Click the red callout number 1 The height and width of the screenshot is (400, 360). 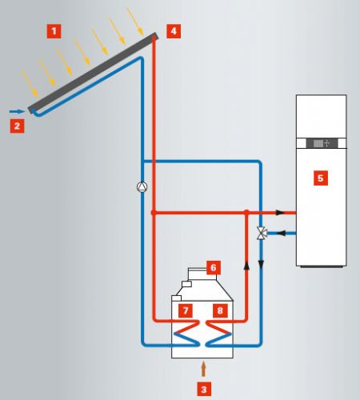tap(54, 31)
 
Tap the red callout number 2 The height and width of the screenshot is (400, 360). tap(17, 126)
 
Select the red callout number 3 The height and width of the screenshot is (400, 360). tap(204, 390)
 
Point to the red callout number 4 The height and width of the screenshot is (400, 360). tap(174, 31)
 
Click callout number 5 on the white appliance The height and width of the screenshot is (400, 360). tap(321, 178)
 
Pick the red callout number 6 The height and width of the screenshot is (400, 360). tap(214, 267)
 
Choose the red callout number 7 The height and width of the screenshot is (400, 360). tap(186, 310)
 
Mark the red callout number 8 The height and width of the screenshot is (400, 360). tap(220, 310)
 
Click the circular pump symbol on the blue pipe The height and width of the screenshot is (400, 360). tap(142, 187)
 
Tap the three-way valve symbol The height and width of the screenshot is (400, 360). tap(261, 234)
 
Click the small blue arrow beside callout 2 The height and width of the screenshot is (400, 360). tap(17, 111)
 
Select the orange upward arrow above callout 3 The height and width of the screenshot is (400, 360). tap(204, 369)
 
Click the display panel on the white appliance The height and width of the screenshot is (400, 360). tap(322, 143)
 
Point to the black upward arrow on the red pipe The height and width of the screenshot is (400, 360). tap(246, 266)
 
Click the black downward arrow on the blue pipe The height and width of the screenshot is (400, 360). tap(262, 265)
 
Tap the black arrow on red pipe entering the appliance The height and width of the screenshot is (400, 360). tap(280, 213)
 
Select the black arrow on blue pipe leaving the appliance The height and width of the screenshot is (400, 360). tap(282, 234)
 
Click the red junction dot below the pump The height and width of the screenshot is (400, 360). tap(154, 213)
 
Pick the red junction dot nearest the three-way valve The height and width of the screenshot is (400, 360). tap(246, 213)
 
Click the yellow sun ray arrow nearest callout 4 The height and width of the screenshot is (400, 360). tap(135, 22)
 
